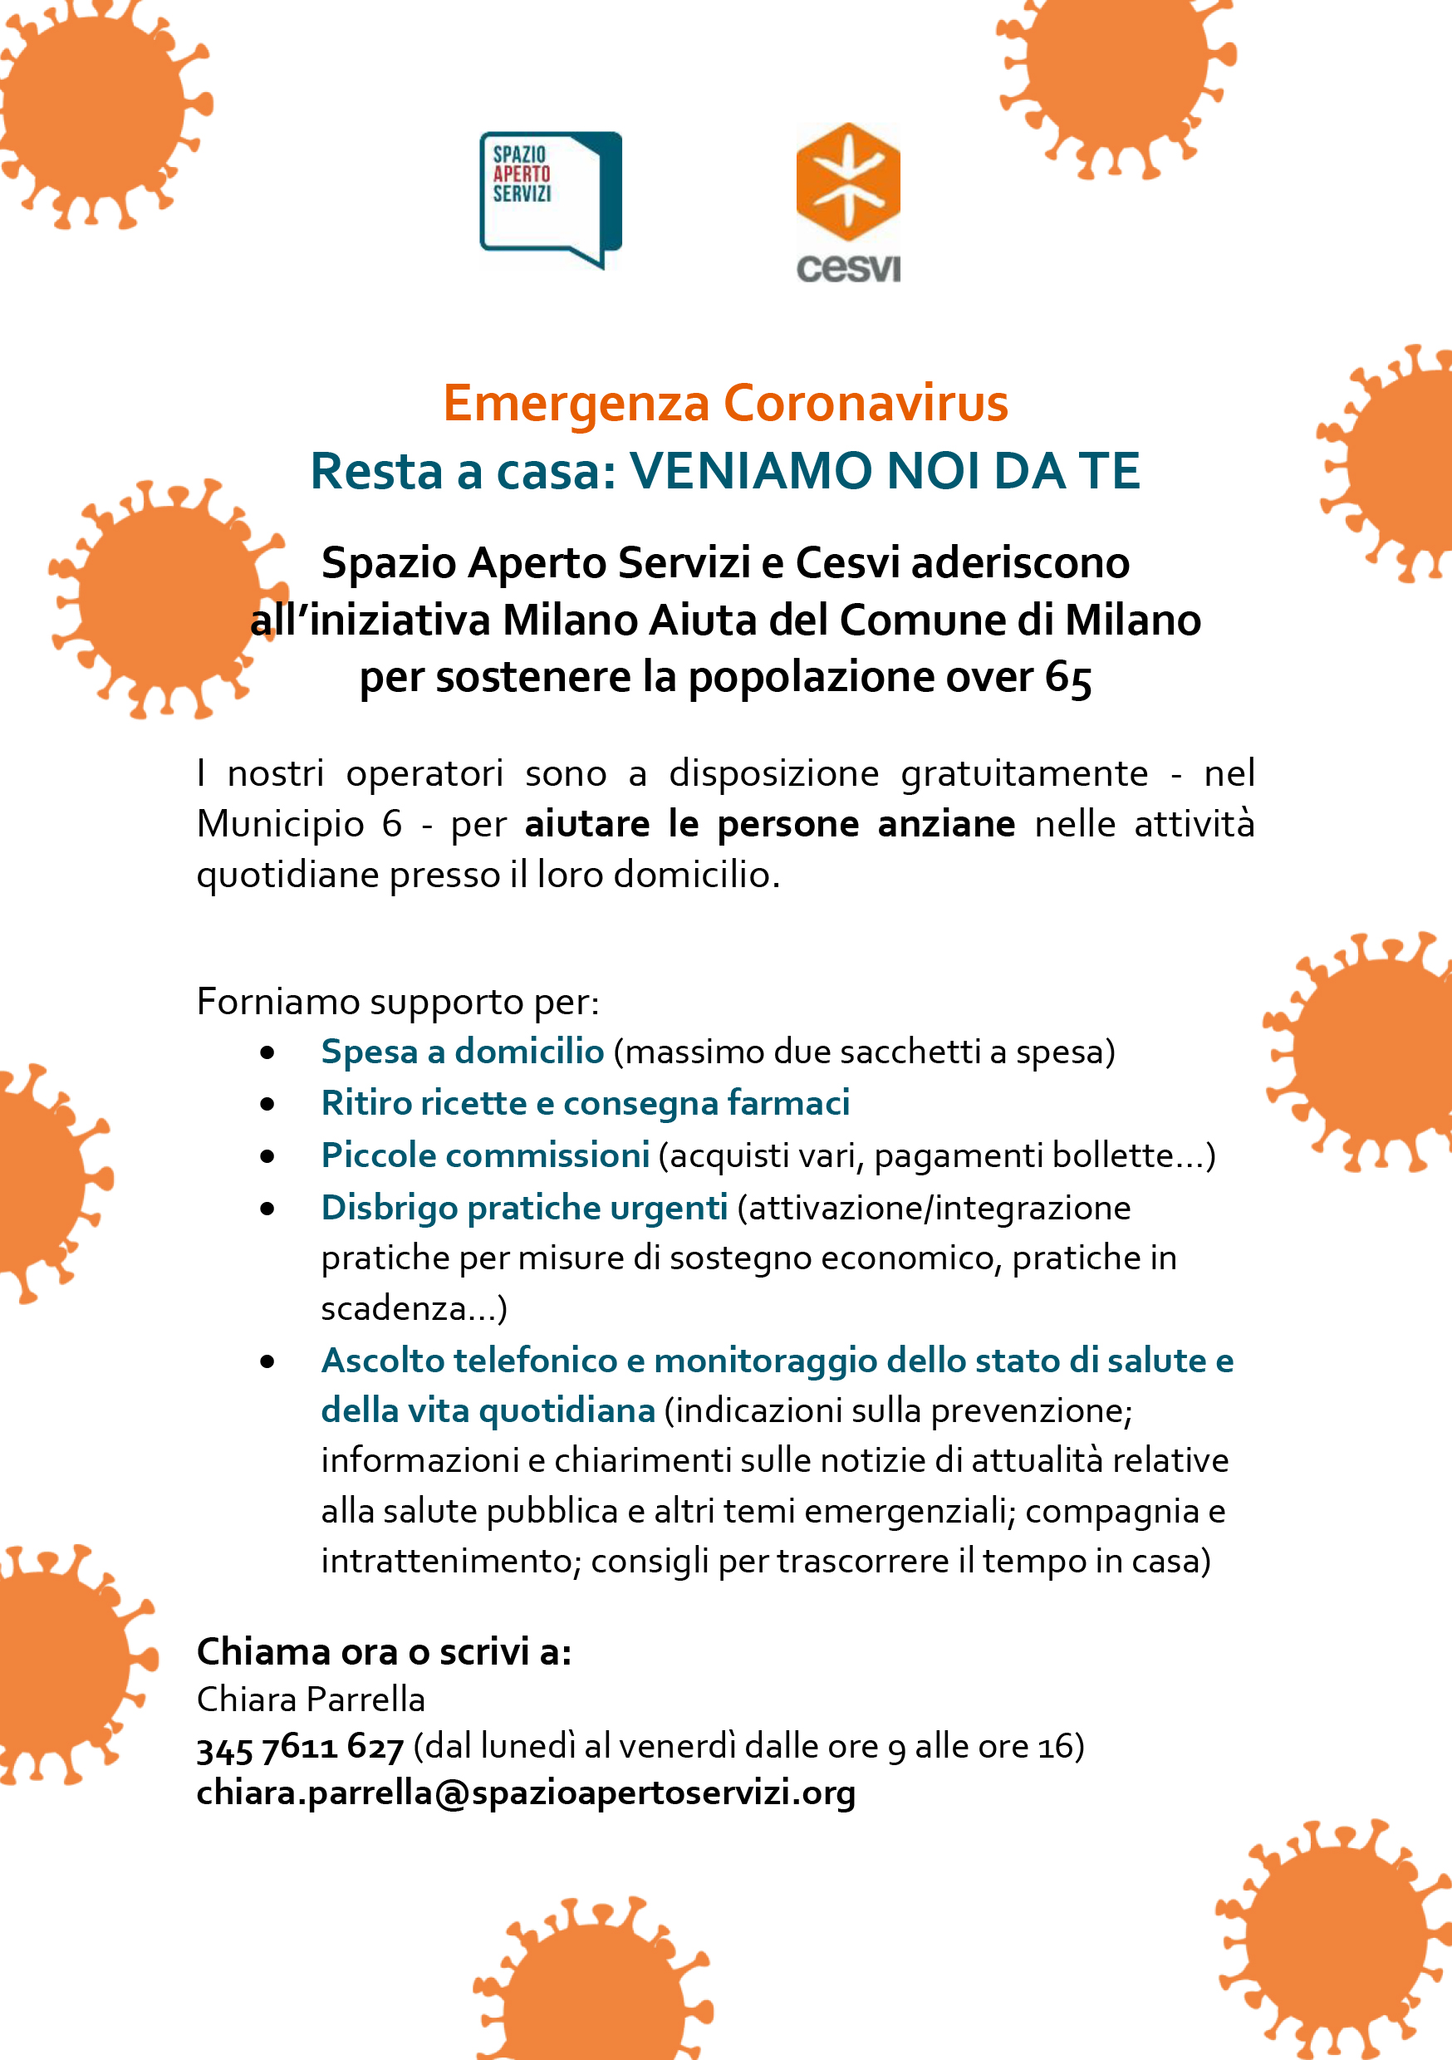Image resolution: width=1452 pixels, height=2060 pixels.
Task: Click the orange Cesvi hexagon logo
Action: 848,181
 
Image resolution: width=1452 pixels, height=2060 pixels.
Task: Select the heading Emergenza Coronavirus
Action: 725,404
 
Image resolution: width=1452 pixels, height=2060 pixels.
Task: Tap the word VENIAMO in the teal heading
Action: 751,471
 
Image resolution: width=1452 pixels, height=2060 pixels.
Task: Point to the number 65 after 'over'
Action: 1068,679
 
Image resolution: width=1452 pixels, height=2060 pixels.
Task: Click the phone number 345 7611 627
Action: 301,1747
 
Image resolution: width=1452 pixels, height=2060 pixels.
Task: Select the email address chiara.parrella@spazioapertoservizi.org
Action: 526,1793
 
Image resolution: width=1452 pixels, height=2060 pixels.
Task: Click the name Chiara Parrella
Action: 311,1699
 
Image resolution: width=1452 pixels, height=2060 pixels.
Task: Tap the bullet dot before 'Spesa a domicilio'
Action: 267,1052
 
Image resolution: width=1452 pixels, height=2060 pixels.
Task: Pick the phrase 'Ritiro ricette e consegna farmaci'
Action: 585,1102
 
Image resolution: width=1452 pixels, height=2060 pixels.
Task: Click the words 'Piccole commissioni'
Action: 484,1155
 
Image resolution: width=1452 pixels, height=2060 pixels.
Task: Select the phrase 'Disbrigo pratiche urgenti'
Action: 524,1208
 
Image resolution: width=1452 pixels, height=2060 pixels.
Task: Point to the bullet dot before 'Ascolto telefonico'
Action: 267,1361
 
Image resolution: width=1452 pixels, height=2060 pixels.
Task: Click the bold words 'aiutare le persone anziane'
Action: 769,824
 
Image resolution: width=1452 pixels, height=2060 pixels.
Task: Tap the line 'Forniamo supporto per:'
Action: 398,1001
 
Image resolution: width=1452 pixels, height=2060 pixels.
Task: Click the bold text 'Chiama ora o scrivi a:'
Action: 384,1650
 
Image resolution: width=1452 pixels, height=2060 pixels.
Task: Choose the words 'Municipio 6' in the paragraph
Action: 300,824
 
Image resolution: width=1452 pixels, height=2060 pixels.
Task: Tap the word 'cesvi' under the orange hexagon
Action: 848,267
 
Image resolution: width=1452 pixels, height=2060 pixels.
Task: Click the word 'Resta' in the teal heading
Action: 376,471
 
